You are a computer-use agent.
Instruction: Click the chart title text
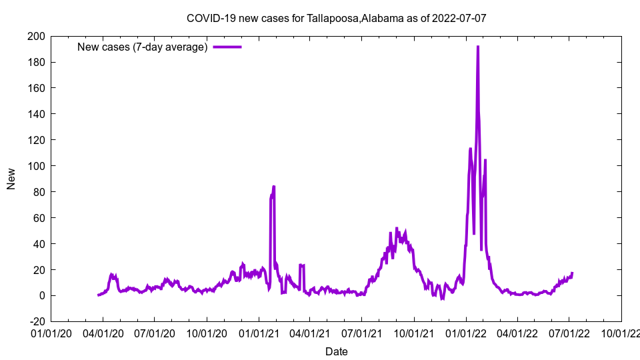coord(337,18)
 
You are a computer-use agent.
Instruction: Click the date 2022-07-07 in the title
coord(459,18)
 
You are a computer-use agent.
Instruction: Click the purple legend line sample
coord(227,47)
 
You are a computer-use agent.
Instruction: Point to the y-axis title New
coord(11,179)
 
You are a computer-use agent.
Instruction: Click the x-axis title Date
coord(337,351)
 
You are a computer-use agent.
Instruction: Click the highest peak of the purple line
coord(478,47)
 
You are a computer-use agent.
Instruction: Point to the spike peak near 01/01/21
coord(273,187)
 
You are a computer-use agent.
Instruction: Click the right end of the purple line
coord(572,273)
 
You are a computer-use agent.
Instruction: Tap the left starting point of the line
coord(98,295)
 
